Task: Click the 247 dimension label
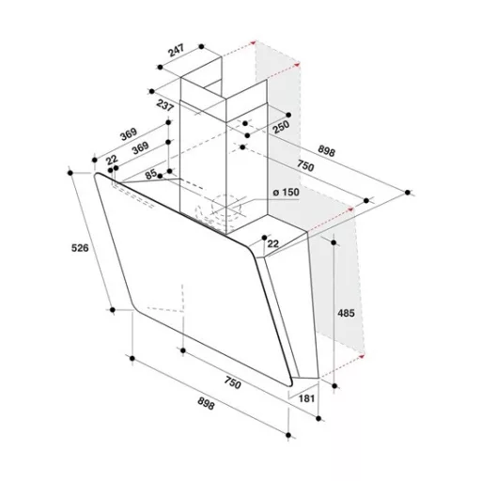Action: (x=177, y=51)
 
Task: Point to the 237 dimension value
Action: (x=165, y=105)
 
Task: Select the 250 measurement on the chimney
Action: (x=280, y=127)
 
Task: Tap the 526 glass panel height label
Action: (x=80, y=248)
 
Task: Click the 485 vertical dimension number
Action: (x=346, y=313)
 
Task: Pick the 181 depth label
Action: (x=306, y=398)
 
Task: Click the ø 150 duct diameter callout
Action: (x=286, y=192)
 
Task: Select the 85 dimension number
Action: (x=151, y=174)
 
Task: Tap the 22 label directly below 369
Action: (x=112, y=160)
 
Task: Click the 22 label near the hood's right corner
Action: (x=273, y=243)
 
